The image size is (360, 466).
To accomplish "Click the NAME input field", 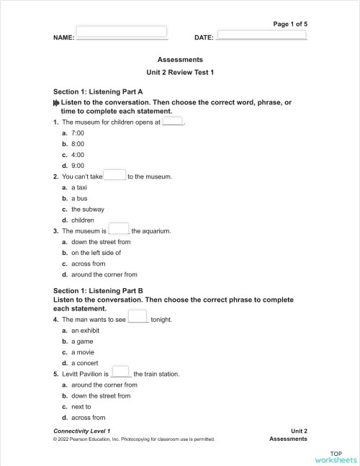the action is coord(121,32).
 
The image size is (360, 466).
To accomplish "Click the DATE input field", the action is coord(261,35).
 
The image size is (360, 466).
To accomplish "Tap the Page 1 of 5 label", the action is coord(290,24).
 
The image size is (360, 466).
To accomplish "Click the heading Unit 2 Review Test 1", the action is coord(180,73).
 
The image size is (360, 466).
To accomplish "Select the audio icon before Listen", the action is coord(56,103).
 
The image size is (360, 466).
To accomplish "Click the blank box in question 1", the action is coord(173,121).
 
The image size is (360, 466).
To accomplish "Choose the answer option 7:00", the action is coord(78,134).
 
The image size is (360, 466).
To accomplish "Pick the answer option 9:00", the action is coord(78,165).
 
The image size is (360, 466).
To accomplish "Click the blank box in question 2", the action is coord(114,175).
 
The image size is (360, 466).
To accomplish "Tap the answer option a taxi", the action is coord(79,187).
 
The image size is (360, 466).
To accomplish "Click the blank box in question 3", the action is coord(119,229).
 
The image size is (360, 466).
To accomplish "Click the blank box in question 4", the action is coord(138,317).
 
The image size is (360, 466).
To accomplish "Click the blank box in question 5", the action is coord(120,372).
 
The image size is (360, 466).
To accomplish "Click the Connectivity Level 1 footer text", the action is coord(82,430).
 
